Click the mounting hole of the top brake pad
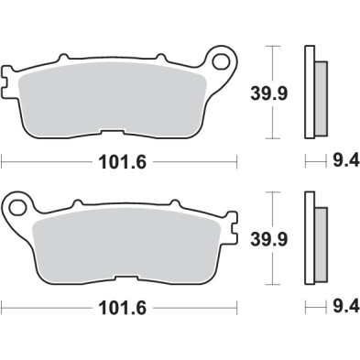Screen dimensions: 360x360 point(221,62)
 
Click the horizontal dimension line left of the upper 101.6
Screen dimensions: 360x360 point(46,165)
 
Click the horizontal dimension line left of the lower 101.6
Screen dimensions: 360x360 point(46,310)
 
